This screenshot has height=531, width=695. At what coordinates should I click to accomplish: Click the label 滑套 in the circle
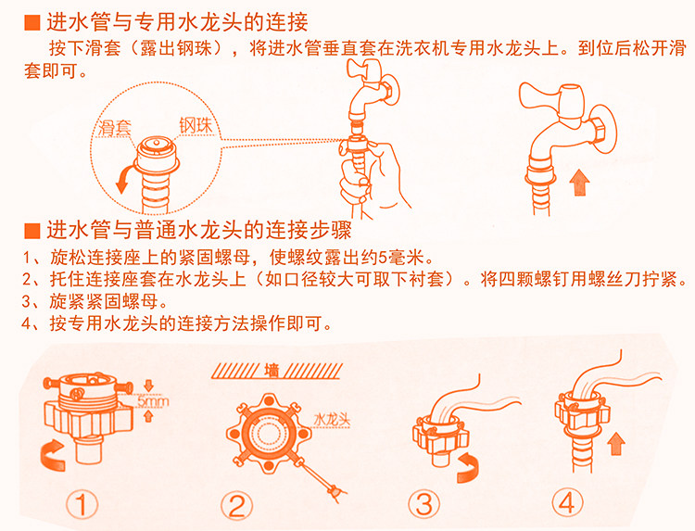(x=114, y=127)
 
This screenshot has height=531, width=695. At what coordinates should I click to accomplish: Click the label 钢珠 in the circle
(x=196, y=125)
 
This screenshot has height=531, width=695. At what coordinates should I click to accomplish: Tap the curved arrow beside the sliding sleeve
(x=124, y=178)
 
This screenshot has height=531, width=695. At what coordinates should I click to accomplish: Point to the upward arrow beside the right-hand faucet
(x=579, y=183)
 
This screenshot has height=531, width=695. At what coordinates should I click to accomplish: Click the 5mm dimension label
(x=153, y=402)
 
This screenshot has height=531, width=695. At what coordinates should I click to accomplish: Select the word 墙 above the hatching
(x=272, y=371)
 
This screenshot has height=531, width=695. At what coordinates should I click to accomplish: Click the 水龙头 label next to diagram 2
(x=332, y=419)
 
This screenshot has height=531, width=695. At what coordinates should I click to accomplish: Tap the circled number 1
(x=82, y=504)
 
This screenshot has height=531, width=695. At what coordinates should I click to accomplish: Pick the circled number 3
(x=424, y=504)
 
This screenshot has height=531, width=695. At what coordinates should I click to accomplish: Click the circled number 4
(x=568, y=502)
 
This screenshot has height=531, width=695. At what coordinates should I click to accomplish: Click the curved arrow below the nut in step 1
(x=52, y=455)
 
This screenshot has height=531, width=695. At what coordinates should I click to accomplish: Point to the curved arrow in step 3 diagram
(x=468, y=468)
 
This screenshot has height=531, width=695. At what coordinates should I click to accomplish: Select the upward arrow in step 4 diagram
(x=615, y=444)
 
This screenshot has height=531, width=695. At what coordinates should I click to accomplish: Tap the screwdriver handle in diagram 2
(x=335, y=491)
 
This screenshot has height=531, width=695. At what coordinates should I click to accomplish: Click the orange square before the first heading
(x=32, y=22)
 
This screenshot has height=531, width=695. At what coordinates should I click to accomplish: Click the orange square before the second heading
(x=32, y=231)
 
